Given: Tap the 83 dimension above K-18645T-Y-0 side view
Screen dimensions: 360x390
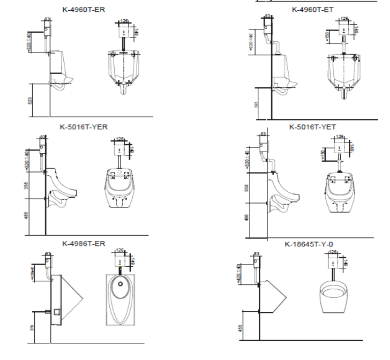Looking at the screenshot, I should tap(256, 254).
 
